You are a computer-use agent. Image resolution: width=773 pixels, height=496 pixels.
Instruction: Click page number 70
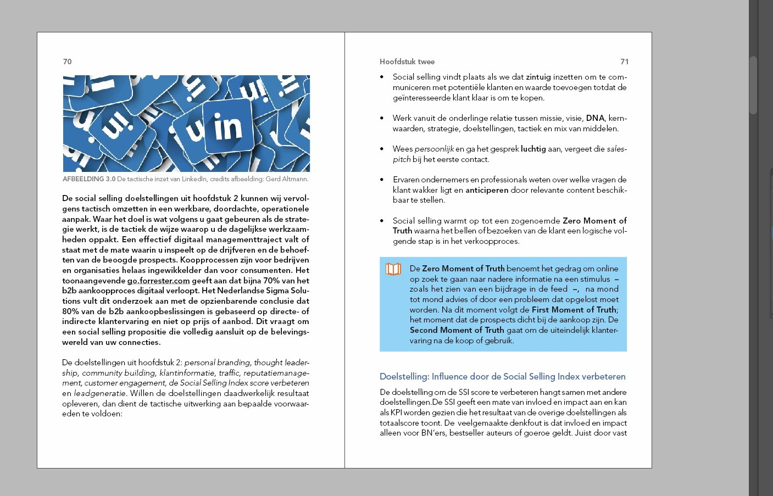click(67, 62)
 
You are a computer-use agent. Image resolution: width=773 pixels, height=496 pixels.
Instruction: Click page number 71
click(624, 62)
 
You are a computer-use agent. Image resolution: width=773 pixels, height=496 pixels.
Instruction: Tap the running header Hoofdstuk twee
click(407, 62)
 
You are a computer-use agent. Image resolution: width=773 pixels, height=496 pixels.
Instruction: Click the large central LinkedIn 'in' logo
click(228, 127)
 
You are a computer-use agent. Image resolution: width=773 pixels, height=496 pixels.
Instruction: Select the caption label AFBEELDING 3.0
click(89, 179)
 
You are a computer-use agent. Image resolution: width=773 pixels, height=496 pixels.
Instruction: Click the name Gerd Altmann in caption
click(287, 179)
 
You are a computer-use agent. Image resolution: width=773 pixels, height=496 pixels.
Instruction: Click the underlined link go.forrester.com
click(158, 281)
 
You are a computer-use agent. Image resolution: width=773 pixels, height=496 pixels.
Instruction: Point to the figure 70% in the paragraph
click(271, 281)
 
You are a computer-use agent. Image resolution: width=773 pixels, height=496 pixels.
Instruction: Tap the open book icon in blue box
click(393, 269)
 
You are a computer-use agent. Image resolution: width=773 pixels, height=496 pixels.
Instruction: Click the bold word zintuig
click(538, 77)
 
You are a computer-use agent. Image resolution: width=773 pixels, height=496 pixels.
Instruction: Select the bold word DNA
click(595, 118)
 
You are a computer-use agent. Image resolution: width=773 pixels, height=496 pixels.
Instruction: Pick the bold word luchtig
click(533, 149)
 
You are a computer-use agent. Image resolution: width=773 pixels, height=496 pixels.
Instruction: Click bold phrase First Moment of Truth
click(574, 310)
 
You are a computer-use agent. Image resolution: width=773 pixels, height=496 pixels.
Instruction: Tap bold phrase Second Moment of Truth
click(457, 330)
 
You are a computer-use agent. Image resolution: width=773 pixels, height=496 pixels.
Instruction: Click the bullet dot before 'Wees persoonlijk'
click(382, 149)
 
